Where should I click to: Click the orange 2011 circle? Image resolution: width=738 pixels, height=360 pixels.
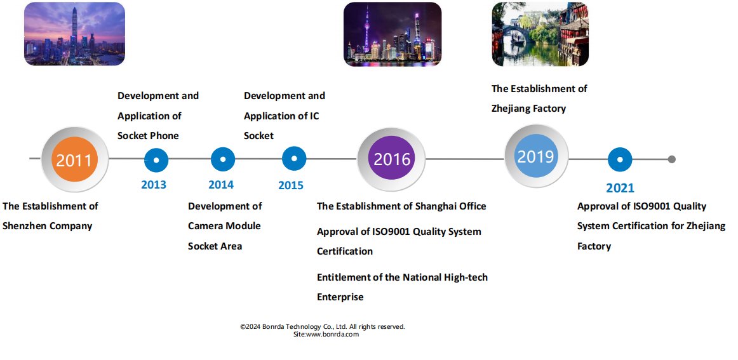tap(74, 160)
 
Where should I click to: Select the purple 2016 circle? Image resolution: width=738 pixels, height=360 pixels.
tap(392, 158)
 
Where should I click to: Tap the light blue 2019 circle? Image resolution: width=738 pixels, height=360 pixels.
tap(536, 156)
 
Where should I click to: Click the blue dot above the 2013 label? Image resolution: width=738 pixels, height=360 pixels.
tap(156, 160)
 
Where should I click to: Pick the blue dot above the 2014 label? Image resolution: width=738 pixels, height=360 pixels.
tap(223, 159)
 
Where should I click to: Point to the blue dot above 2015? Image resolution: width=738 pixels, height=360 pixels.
tap(294, 159)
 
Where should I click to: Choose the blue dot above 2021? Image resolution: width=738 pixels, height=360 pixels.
tap(620, 159)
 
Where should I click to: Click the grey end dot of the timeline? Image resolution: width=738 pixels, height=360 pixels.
tap(672, 159)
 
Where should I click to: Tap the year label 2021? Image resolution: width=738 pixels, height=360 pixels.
tap(620, 188)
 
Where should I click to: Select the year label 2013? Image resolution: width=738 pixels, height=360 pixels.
tap(154, 185)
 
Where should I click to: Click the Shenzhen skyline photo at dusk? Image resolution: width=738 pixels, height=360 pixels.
tap(74, 34)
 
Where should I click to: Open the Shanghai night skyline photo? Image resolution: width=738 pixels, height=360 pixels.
tap(392, 34)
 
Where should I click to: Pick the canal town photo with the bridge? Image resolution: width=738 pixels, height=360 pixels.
tap(540, 34)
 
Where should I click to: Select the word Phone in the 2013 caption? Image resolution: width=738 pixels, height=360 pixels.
tap(164, 135)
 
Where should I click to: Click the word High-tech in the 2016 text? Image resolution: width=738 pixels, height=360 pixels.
tap(466, 277)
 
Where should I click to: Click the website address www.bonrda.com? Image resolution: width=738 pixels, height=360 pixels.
tap(333, 334)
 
